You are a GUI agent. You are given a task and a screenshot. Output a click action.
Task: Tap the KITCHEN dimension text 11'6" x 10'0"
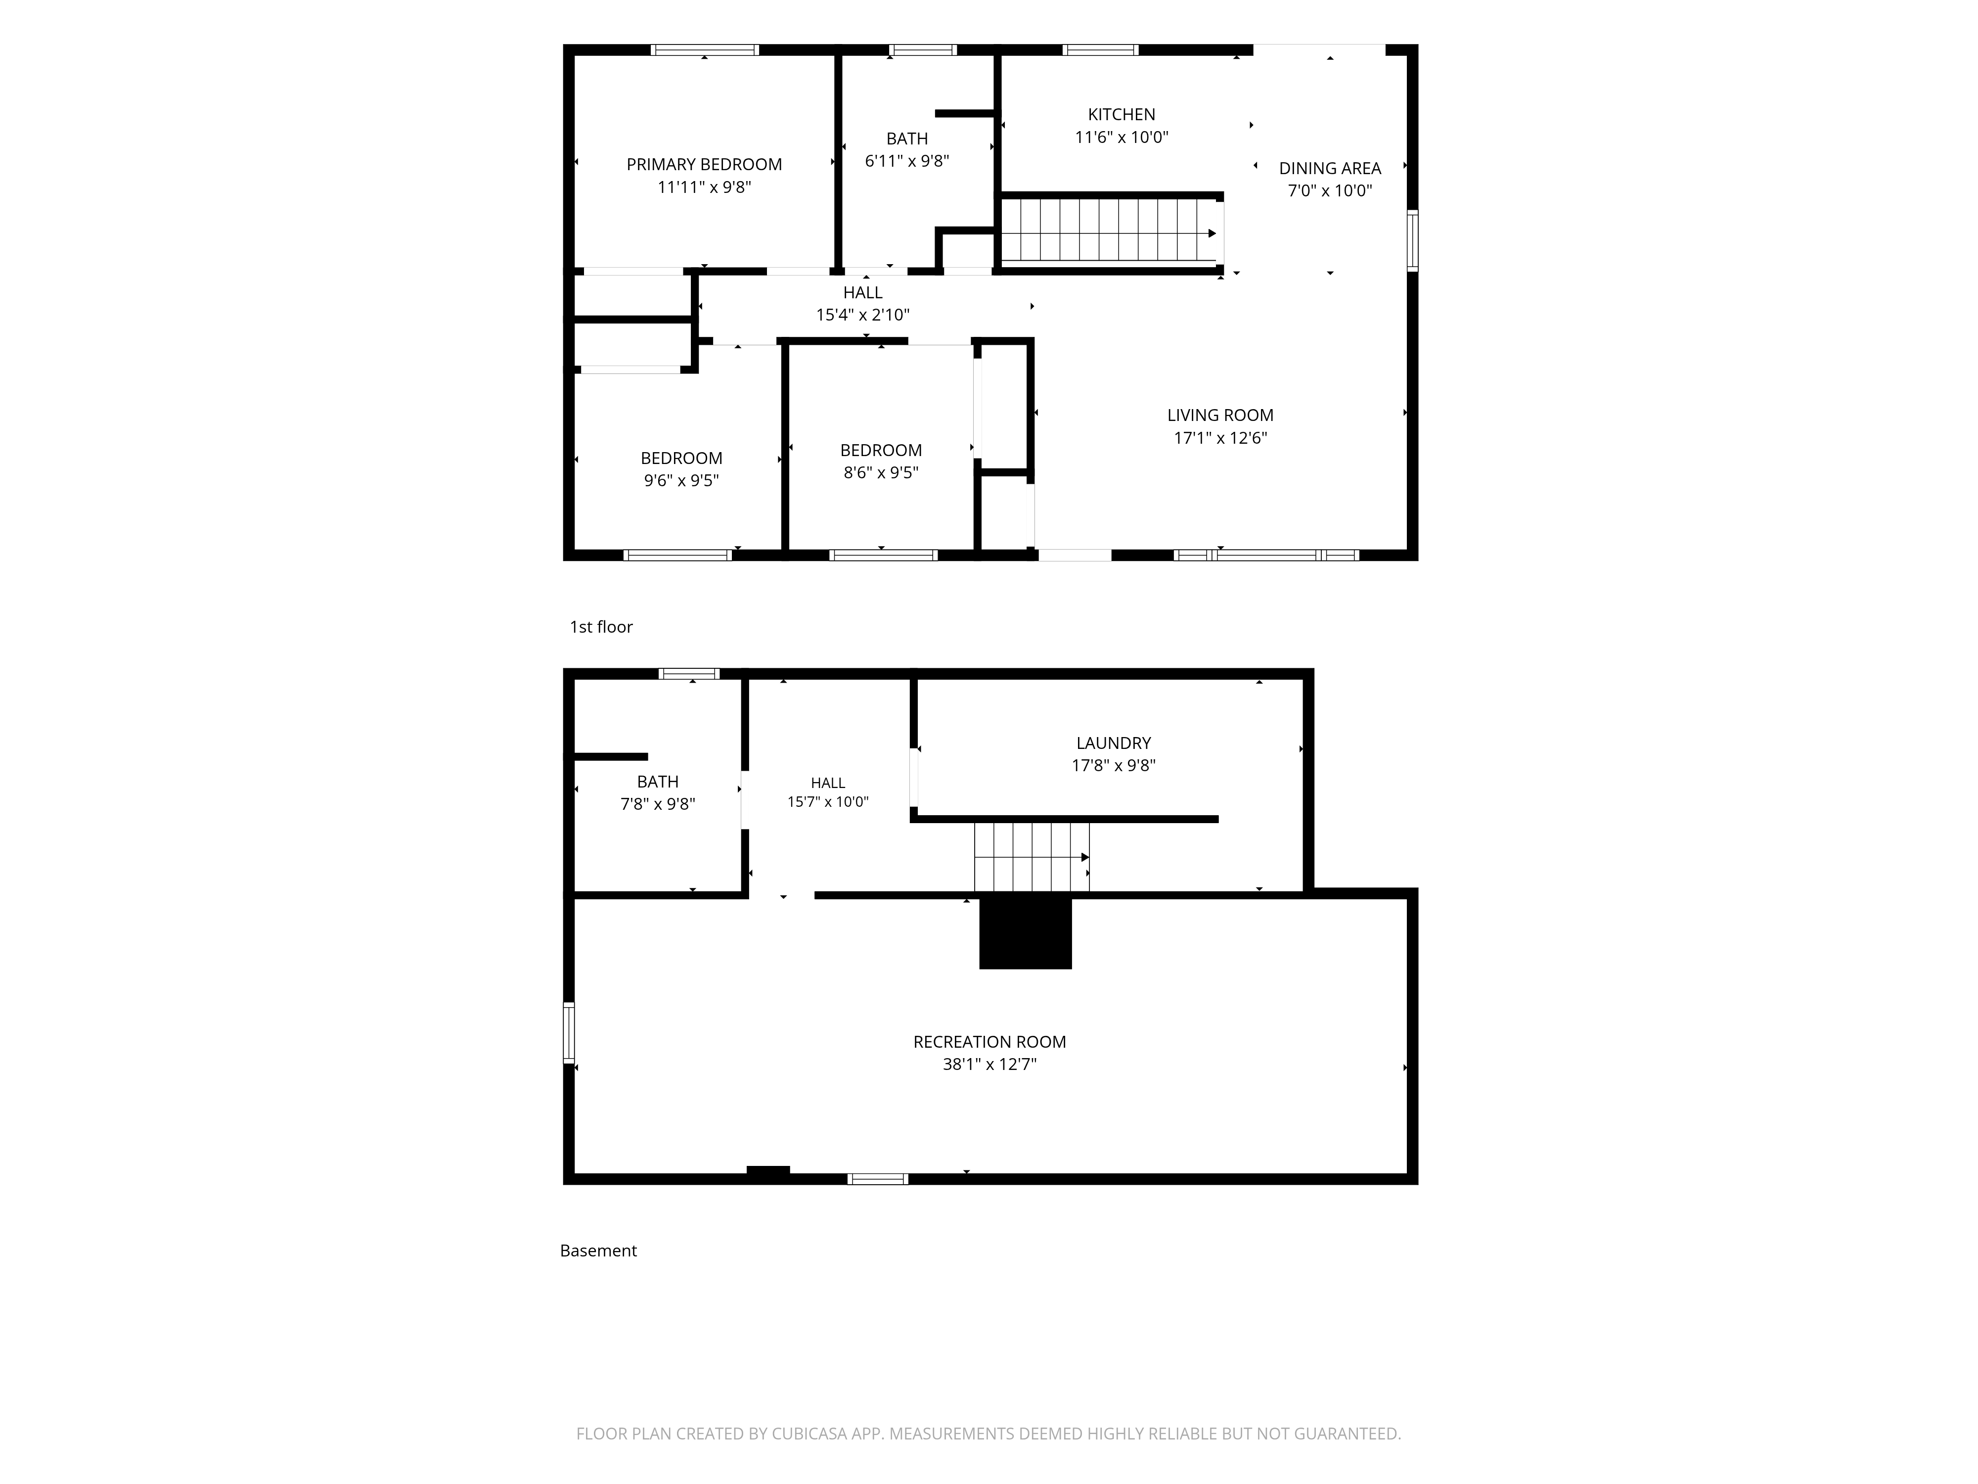tap(1122, 137)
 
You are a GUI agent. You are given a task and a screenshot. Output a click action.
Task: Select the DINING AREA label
tap(1330, 168)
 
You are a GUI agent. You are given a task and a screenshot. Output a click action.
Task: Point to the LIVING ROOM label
tap(1220, 415)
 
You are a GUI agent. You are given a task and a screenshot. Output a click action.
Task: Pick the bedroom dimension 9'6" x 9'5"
tap(681, 480)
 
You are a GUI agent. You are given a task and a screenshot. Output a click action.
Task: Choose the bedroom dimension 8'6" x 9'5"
tap(881, 472)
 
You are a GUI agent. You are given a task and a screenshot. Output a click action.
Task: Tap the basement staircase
tap(1032, 857)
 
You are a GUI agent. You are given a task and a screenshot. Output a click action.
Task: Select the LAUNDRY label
tap(1113, 743)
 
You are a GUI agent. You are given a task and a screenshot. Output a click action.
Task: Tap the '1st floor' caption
tap(601, 627)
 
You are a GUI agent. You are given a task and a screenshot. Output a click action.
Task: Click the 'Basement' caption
tap(598, 1251)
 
